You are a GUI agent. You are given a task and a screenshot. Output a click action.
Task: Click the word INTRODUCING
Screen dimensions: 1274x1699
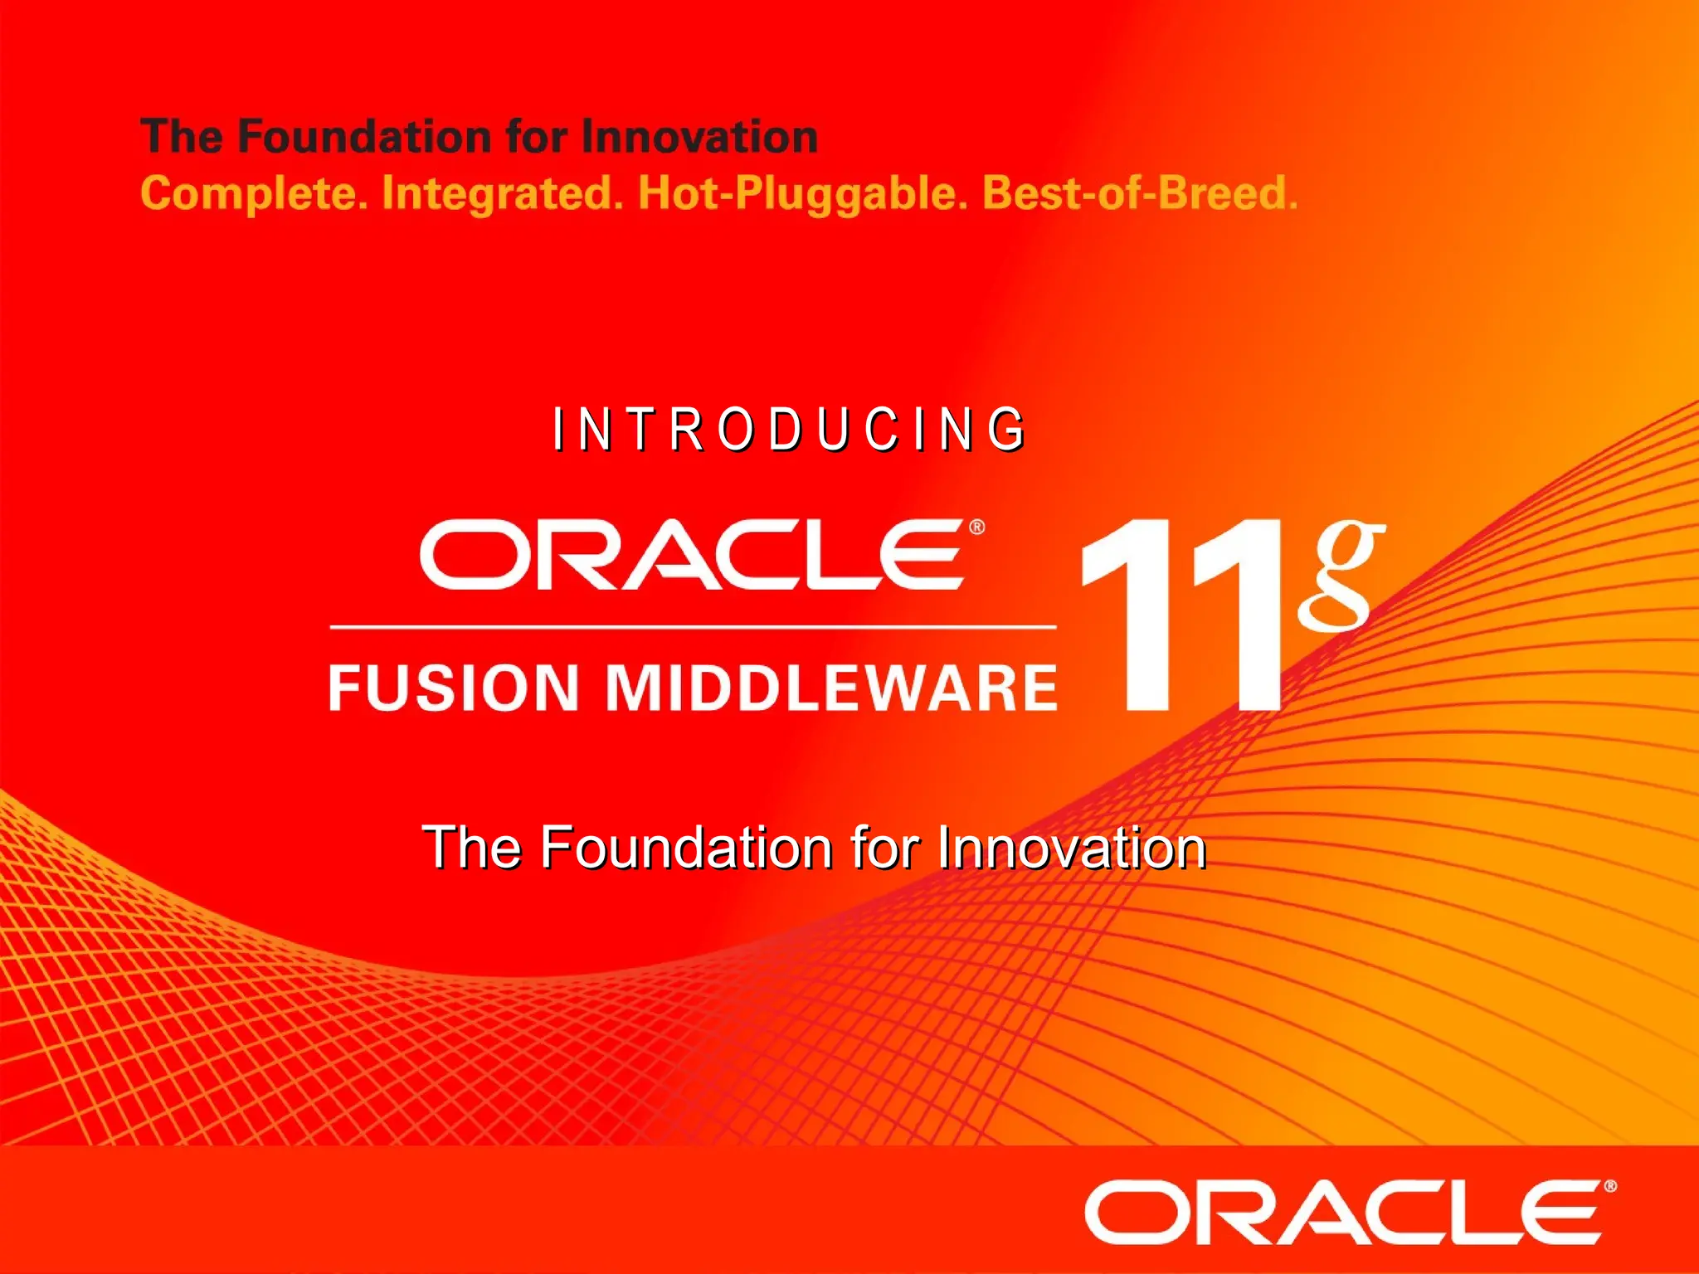789,430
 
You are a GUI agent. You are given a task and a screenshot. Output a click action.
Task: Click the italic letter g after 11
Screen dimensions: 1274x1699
1340,572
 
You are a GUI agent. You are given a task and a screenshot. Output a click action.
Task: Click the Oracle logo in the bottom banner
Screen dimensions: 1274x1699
1345,1212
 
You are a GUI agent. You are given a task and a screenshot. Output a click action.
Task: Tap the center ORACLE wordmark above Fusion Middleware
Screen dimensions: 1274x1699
693,554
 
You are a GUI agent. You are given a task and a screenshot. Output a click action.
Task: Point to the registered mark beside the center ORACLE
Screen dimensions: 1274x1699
977,527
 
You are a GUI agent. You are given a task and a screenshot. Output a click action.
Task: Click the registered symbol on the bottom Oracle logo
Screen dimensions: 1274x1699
1610,1187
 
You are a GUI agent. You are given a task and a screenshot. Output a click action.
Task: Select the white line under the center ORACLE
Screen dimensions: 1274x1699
693,627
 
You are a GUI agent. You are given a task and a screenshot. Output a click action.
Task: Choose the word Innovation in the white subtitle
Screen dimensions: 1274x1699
1071,848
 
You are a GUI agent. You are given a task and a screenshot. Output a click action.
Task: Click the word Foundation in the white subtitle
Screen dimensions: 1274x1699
687,848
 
